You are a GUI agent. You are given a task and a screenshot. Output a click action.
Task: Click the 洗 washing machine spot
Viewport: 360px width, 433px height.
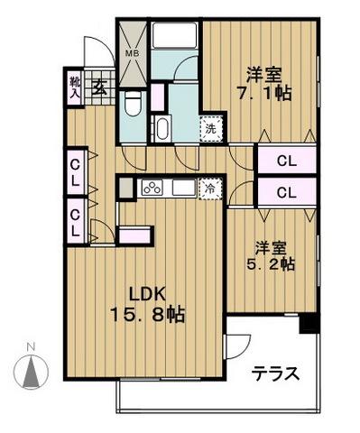pyautogui.click(x=209, y=127)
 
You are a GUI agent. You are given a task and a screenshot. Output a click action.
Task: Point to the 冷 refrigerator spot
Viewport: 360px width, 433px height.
pyautogui.click(x=208, y=189)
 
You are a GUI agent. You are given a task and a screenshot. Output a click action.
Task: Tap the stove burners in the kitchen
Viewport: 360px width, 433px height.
pyautogui.click(x=150, y=189)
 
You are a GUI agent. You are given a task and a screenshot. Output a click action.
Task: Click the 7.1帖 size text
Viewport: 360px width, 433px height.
pyautogui.click(x=263, y=93)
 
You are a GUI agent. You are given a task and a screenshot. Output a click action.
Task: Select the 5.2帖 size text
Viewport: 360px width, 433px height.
pyautogui.click(x=272, y=265)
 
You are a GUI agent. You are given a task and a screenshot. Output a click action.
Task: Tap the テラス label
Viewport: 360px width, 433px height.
pyautogui.click(x=274, y=373)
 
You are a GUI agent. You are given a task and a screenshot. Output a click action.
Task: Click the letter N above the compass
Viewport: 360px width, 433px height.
pyautogui.click(x=31, y=347)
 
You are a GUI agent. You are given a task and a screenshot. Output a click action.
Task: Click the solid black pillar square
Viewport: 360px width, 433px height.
pyautogui.click(x=310, y=322)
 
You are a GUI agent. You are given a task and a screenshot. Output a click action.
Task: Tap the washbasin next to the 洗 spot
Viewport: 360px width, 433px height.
pyautogui.click(x=162, y=127)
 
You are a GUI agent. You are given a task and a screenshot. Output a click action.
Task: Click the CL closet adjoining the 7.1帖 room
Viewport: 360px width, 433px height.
pyautogui.click(x=287, y=162)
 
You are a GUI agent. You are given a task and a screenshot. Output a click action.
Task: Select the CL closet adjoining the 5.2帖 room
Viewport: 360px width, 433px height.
pyautogui.click(x=287, y=191)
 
